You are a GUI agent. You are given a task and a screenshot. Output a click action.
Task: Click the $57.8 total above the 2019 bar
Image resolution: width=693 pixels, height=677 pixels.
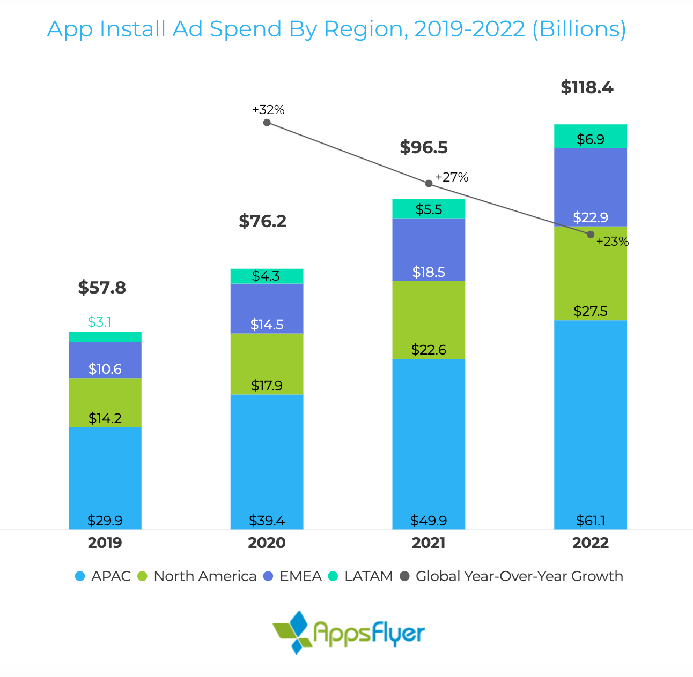[102, 288]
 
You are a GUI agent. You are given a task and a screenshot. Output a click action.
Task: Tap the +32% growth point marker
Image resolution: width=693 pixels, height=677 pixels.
[267, 123]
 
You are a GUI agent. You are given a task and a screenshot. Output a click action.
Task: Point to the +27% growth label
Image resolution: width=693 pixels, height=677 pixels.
[452, 177]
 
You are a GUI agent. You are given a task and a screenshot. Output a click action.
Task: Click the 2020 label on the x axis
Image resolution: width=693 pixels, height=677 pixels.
[267, 543]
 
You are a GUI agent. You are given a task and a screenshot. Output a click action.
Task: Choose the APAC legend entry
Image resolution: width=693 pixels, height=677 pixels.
[104, 576]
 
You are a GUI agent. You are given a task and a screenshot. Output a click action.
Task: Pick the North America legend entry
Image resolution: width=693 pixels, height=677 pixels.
[197, 576]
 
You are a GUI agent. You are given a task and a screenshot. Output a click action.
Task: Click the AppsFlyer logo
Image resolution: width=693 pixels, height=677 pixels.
[349, 632]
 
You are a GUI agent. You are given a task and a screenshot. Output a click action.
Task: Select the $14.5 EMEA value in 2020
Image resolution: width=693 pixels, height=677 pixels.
[267, 325]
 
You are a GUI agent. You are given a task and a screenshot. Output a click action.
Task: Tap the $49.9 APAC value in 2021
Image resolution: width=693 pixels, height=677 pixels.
[429, 521]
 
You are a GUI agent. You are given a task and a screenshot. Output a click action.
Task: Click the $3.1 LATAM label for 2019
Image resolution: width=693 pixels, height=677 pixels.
[99, 322]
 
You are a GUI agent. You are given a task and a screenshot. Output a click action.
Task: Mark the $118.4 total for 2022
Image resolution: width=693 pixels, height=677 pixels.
[587, 87]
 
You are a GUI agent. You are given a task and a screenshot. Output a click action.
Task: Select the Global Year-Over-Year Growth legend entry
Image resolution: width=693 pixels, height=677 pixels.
[512, 576]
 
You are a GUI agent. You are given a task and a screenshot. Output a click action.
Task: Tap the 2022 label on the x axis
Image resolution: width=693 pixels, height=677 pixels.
[591, 543]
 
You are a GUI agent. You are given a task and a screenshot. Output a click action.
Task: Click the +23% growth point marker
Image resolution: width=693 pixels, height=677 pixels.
[591, 235]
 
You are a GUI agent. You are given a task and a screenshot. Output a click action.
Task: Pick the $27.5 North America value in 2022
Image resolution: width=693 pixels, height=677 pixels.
[591, 311]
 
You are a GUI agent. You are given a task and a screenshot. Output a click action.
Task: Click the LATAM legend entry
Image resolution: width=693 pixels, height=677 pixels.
[360, 576]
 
